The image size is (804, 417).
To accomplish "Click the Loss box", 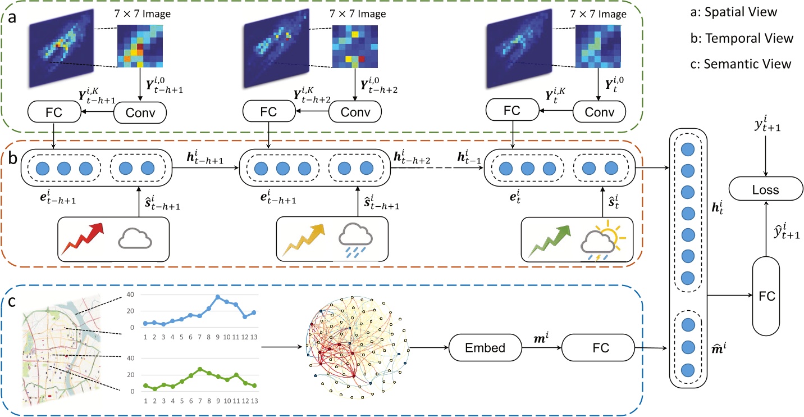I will tap(766, 190).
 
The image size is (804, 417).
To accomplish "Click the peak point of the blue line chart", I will tap(218, 297).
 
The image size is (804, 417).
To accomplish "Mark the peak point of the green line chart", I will tap(200, 369).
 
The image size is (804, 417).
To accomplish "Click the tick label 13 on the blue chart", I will tap(254, 337).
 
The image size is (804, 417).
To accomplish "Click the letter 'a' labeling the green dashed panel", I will tap(11, 18).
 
